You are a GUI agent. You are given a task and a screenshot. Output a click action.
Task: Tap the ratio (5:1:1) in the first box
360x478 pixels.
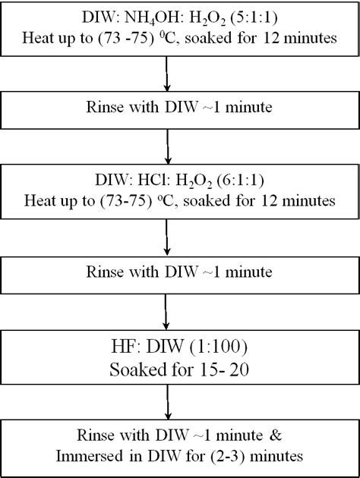tap(257, 17)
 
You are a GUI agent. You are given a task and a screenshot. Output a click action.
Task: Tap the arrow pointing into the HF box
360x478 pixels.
tap(166, 310)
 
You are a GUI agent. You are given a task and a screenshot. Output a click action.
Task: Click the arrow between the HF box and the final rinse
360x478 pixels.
tap(166, 401)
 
